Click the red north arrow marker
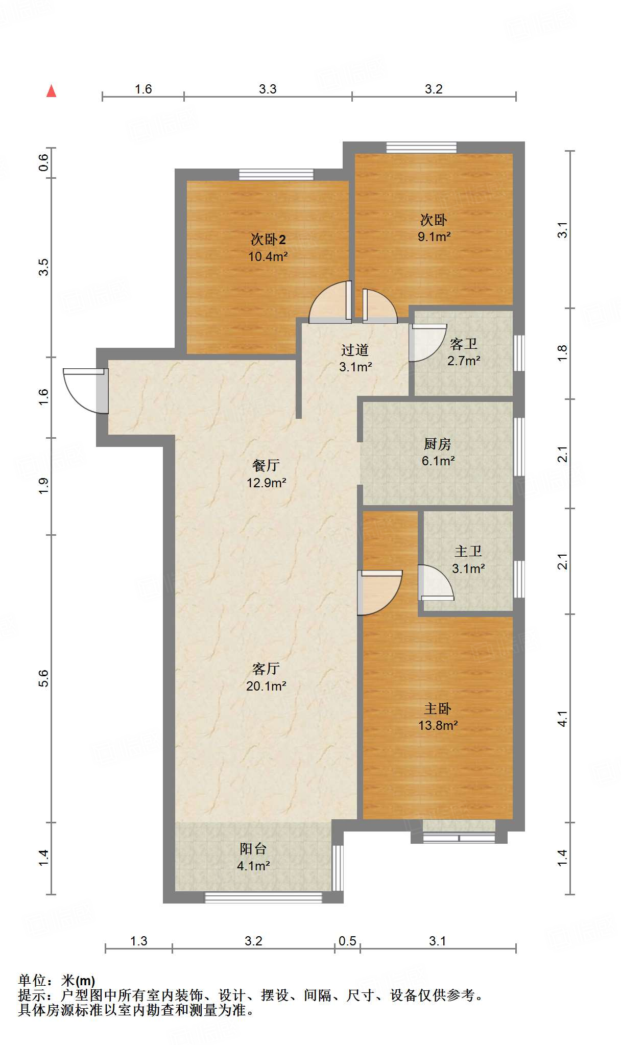coord(51,91)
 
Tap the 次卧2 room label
coord(268,239)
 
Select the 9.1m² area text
coord(434,236)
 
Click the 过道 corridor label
coord(355,350)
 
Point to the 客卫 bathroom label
coord(463,344)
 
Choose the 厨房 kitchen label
coord(438,444)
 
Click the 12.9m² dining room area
coord(266,482)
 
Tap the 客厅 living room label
coord(266,669)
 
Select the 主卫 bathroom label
coord(468,551)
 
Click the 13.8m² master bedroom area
coord(438,725)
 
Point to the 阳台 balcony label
coord(253,848)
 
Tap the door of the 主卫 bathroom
coord(436,582)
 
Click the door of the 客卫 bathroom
coord(428,343)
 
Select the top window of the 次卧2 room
coord(276,174)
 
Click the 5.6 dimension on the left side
coord(44,678)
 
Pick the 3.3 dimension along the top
coord(268,89)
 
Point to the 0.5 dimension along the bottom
coord(347,941)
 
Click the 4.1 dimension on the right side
coord(562,719)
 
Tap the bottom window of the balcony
coord(264,897)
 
